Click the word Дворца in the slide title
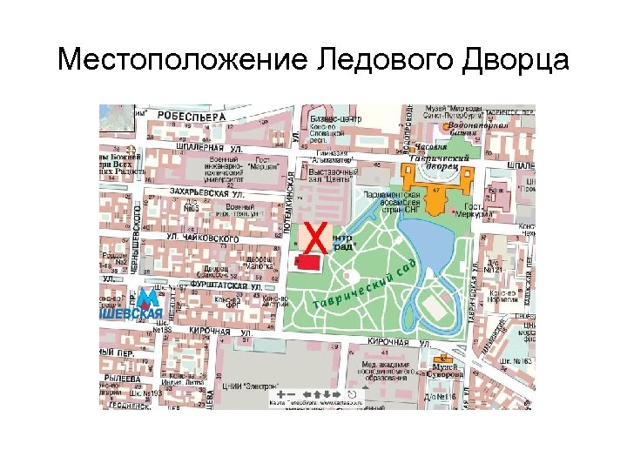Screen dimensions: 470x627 pyautogui.click(x=509, y=62)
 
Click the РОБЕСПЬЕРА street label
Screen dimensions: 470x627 pyautogui.click(x=191, y=115)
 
